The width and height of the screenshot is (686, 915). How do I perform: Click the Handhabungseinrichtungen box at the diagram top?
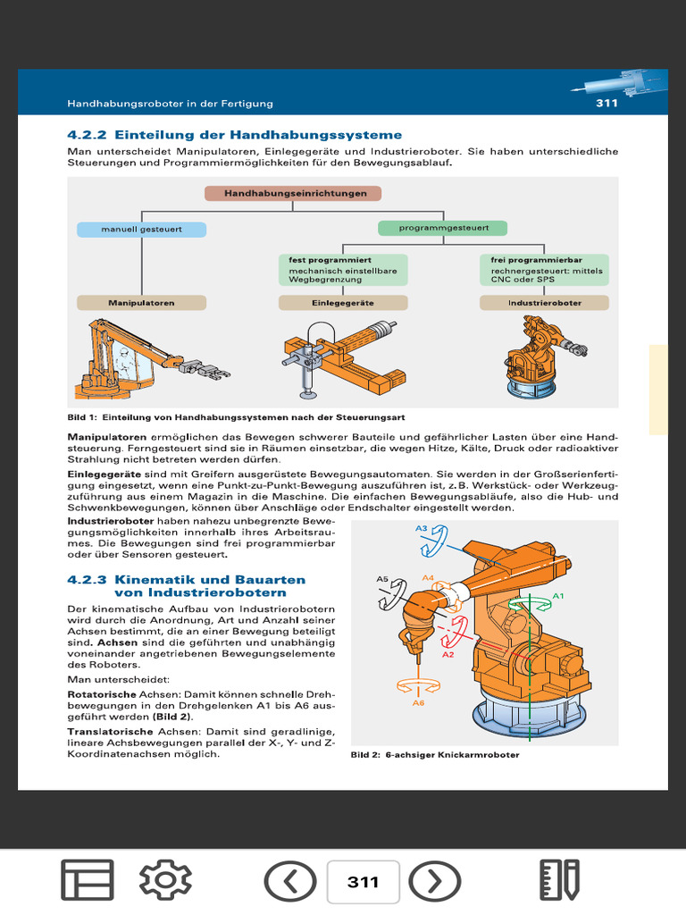pos(292,193)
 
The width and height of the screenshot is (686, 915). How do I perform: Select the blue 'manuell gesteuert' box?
pos(141,229)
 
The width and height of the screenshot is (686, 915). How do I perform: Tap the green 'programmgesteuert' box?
pos(442,229)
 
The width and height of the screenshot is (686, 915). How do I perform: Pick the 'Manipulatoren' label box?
pos(141,303)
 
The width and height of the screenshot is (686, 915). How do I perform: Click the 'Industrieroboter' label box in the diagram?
pos(544,303)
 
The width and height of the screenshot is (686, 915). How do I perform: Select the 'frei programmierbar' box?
pos(544,269)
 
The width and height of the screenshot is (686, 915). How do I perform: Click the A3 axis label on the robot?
pos(422,528)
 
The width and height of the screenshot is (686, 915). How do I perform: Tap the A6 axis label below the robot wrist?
pos(417,703)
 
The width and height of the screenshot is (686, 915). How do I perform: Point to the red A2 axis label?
pos(448,654)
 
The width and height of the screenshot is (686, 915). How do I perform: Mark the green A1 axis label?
pos(558,595)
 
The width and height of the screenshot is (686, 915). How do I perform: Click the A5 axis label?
pos(381,579)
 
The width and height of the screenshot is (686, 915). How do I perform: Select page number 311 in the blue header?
pos(607,103)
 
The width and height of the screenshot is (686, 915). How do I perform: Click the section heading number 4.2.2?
pos(87,135)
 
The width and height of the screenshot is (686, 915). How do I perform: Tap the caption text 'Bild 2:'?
pos(365,755)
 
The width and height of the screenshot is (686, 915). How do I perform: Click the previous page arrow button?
pos(291,882)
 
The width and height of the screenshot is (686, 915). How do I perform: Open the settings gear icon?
pos(165,882)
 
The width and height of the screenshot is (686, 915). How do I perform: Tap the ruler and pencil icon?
pos(560,882)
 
